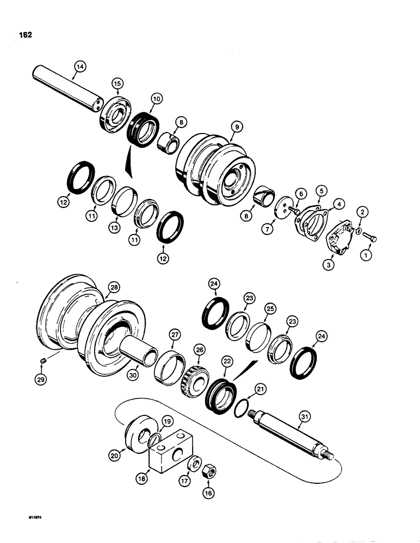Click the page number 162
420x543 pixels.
[x=25, y=35]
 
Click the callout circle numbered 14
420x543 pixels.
[x=80, y=66]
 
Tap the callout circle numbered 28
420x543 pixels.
[x=115, y=287]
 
